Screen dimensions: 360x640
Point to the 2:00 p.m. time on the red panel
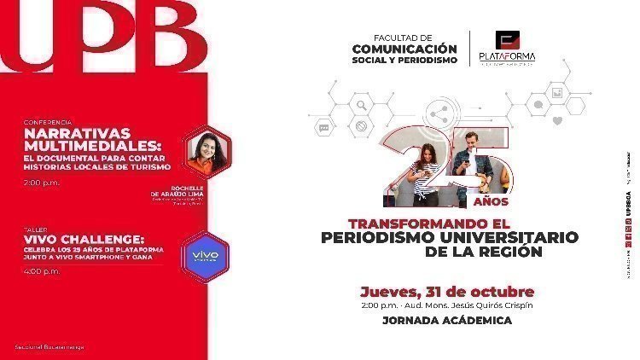tap(42, 183)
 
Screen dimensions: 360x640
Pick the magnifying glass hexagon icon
tap(362, 107)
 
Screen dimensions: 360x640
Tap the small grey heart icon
tap(558, 121)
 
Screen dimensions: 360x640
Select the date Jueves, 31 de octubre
tap(447, 291)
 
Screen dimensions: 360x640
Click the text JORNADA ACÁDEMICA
tap(446, 321)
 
